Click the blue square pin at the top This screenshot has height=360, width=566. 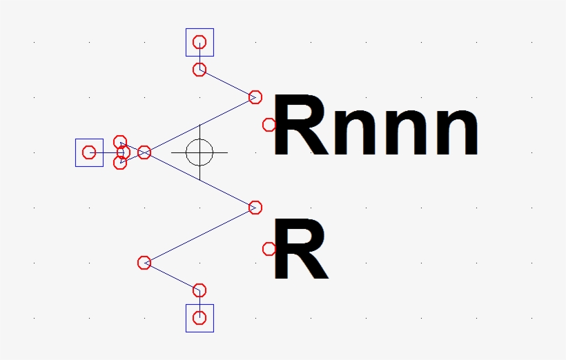coord(199,42)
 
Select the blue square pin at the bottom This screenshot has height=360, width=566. coord(199,318)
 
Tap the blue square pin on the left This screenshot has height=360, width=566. coord(89,152)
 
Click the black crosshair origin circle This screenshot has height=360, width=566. coord(199,152)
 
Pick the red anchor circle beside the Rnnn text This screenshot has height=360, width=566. coord(269,125)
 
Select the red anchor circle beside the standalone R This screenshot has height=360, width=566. coord(269,249)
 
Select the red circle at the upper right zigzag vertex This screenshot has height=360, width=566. coord(255,97)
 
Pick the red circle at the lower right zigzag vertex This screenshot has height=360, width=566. coord(255,208)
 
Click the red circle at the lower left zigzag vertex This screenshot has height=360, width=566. coord(144,263)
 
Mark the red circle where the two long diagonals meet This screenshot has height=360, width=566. coord(144,152)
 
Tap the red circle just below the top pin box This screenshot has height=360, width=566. coord(199,70)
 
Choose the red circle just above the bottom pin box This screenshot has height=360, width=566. coord(199,290)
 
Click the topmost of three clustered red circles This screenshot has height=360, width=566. coord(120,141)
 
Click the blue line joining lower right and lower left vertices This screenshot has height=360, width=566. coord(199,235)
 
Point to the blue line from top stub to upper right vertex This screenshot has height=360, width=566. coord(227,83)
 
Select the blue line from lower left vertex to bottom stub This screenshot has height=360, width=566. coord(172,277)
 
